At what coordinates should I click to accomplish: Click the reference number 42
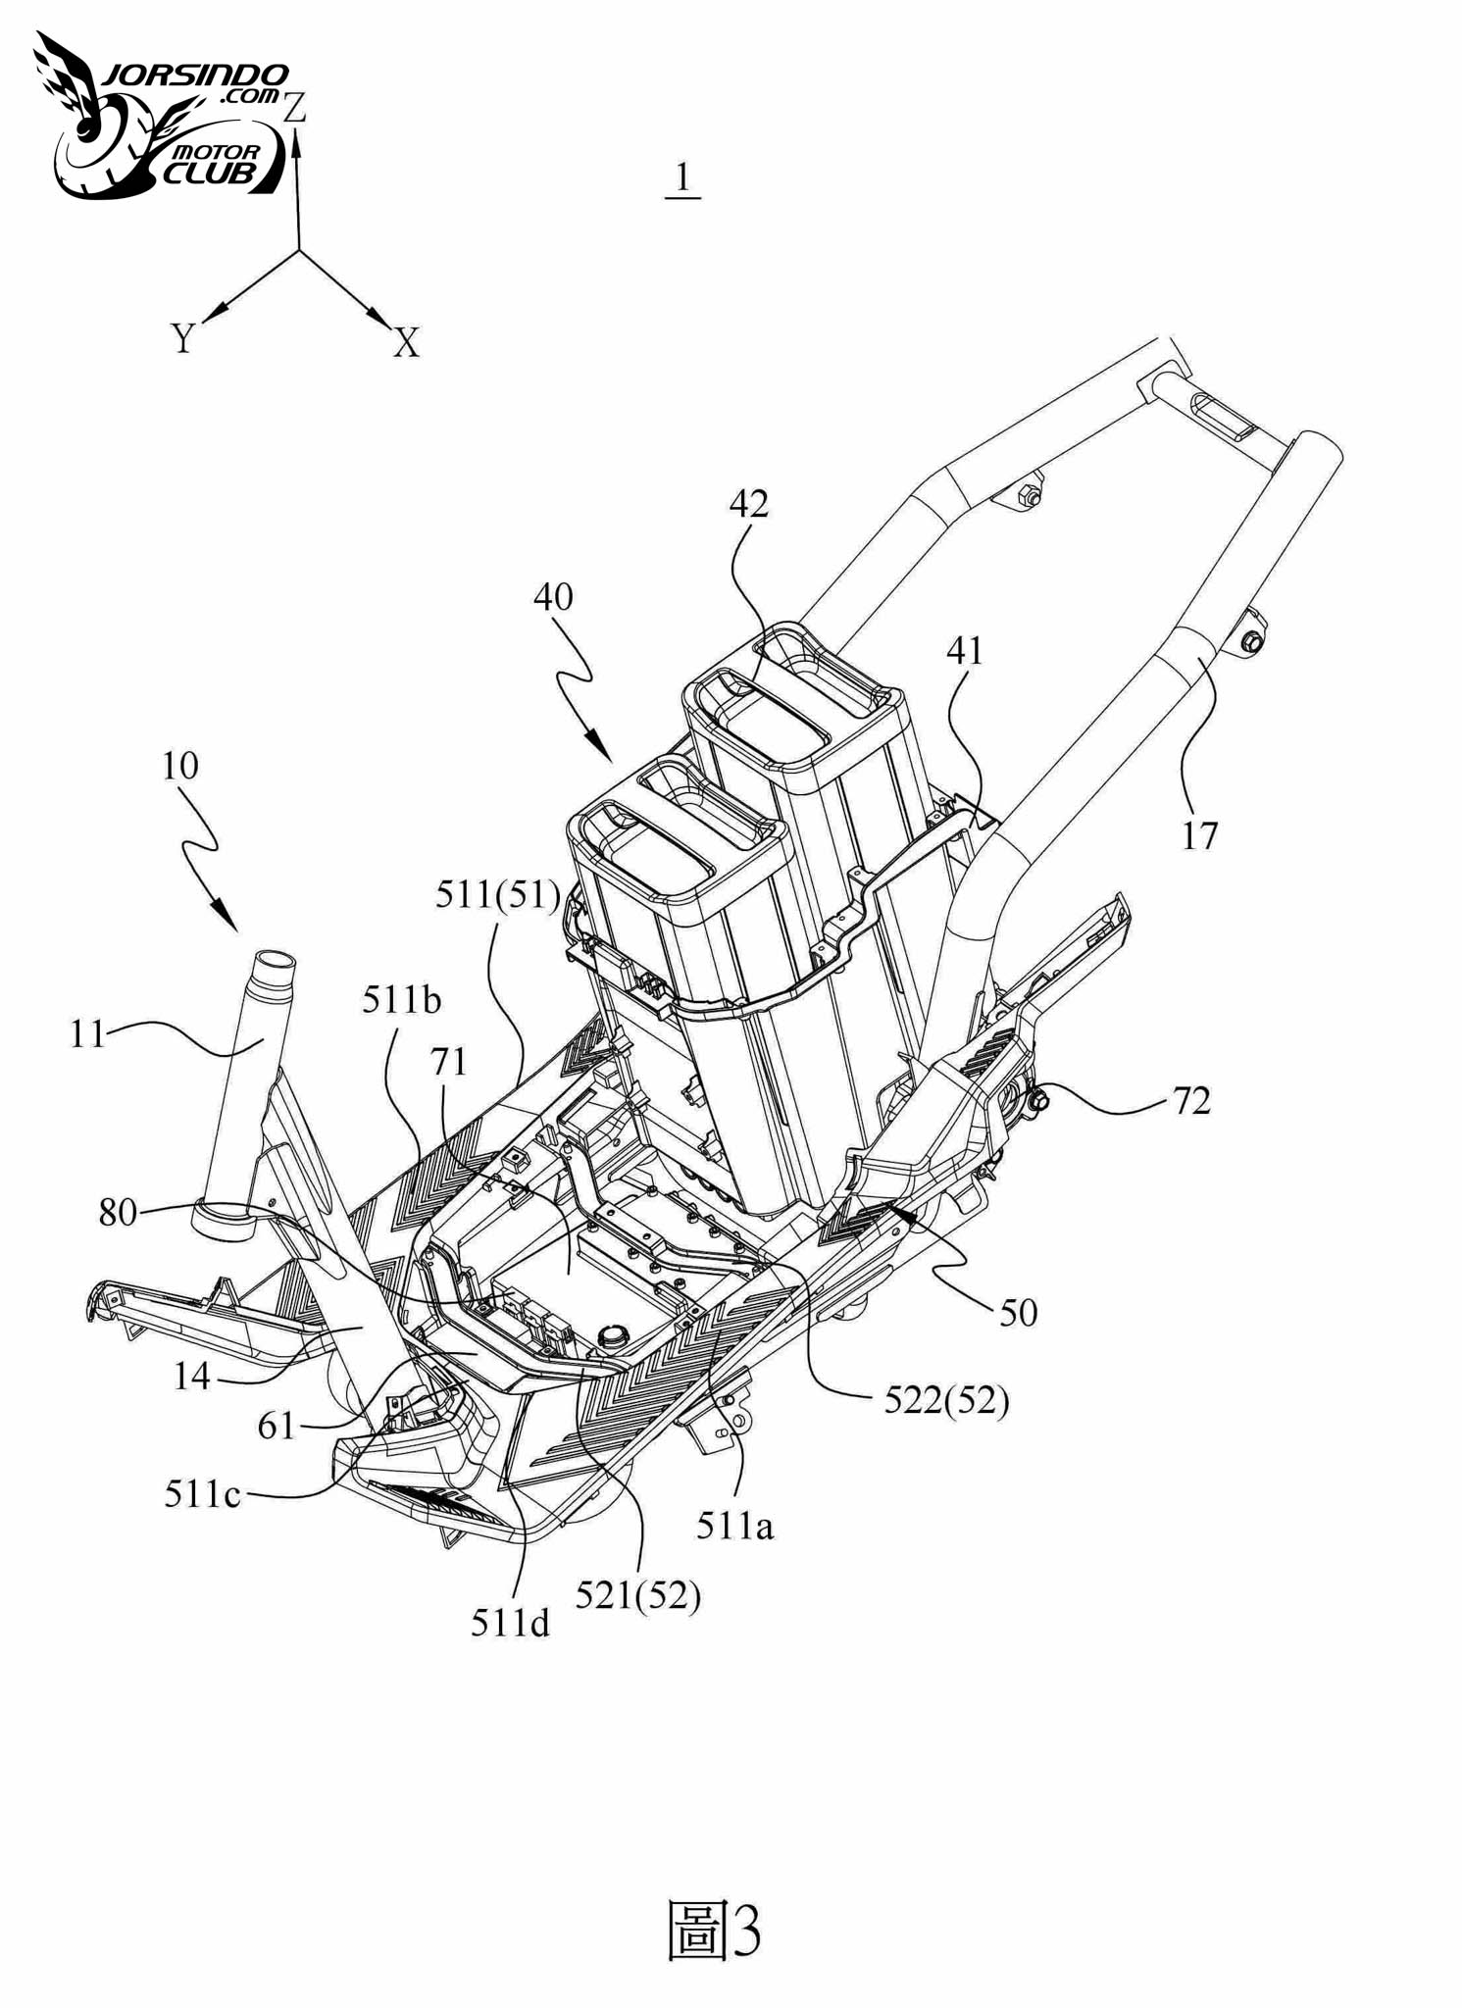pyautogui.click(x=749, y=504)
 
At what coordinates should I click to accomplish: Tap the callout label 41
pyautogui.click(x=965, y=651)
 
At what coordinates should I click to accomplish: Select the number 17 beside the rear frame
pyautogui.click(x=1199, y=836)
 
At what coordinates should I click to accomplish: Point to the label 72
pyautogui.click(x=1191, y=1101)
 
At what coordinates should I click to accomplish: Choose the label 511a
pyautogui.click(x=735, y=1526)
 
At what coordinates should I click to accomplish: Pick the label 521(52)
pyautogui.click(x=638, y=1596)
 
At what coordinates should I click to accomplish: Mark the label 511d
pyautogui.click(x=510, y=1624)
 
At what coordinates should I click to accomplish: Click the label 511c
pyautogui.click(x=202, y=1494)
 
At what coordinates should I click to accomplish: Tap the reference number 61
pyautogui.click(x=276, y=1426)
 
